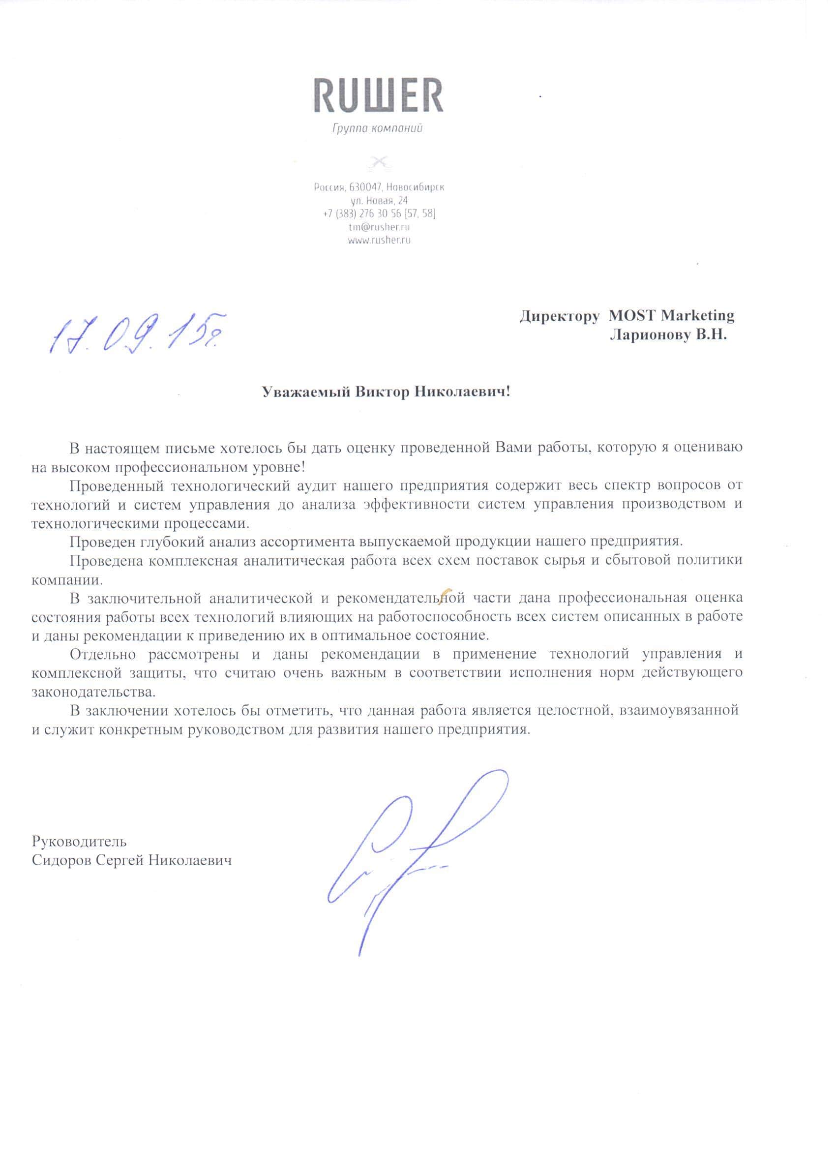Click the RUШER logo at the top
[378, 95]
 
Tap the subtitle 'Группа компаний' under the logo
[377, 129]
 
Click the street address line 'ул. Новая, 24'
[379, 200]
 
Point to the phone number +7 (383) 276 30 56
[361, 213]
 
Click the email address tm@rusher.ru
[379, 227]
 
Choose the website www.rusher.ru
[379, 241]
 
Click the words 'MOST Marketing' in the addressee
[671, 315]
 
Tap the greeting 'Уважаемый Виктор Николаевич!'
[386, 392]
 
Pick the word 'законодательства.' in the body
[94, 692]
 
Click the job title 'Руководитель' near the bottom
[79, 841]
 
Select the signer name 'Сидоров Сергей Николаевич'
[132, 860]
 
